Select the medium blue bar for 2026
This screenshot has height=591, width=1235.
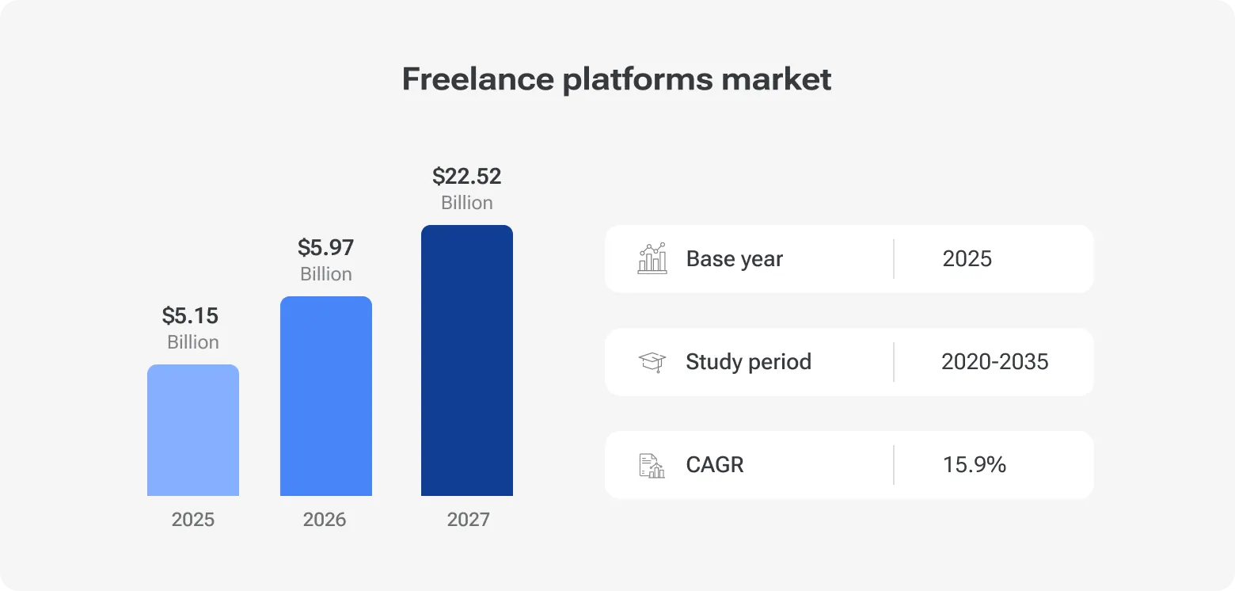[x=326, y=396]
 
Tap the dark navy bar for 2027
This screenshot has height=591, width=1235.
[x=467, y=360]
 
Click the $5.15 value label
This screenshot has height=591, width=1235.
[x=190, y=316]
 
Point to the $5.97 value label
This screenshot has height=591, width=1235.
[x=325, y=248]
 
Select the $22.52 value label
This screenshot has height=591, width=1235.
[x=467, y=176]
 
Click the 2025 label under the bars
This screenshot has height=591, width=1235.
[x=193, y=520]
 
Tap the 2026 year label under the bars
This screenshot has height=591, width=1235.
[x=325, y=520]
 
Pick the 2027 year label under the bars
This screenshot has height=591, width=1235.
[x=468, y=520]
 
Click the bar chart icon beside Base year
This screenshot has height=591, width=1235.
[x=652, y=259]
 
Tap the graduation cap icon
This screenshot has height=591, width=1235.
[x=652, y=362]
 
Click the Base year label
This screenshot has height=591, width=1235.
[x=735, y=259]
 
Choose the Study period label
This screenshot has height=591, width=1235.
[x=748, y=362]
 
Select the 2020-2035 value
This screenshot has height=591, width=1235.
[x=994, y=362]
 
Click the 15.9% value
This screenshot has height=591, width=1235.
[x=975, y=465]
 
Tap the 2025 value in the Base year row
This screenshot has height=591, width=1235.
[x=967, y=259]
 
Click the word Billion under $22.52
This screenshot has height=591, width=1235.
[x=467, y=203]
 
